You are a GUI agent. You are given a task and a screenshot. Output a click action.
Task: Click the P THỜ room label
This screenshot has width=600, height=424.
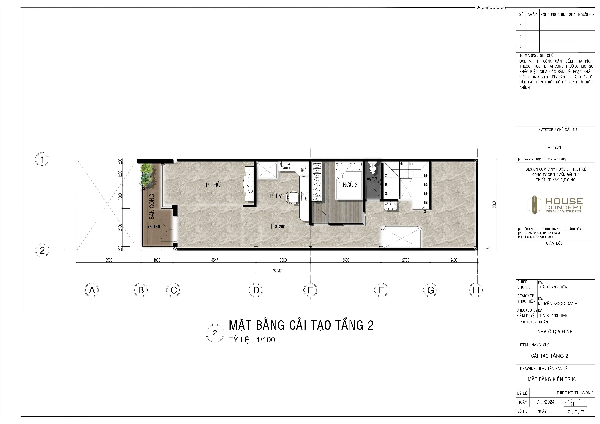tap(213, 185)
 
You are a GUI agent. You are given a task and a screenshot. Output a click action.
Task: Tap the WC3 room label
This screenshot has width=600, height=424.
tap(372, 179)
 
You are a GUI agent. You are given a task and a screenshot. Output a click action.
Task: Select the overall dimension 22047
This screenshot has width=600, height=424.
tap(277, 271)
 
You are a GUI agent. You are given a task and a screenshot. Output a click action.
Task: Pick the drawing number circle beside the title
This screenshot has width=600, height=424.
tap(215, 333)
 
